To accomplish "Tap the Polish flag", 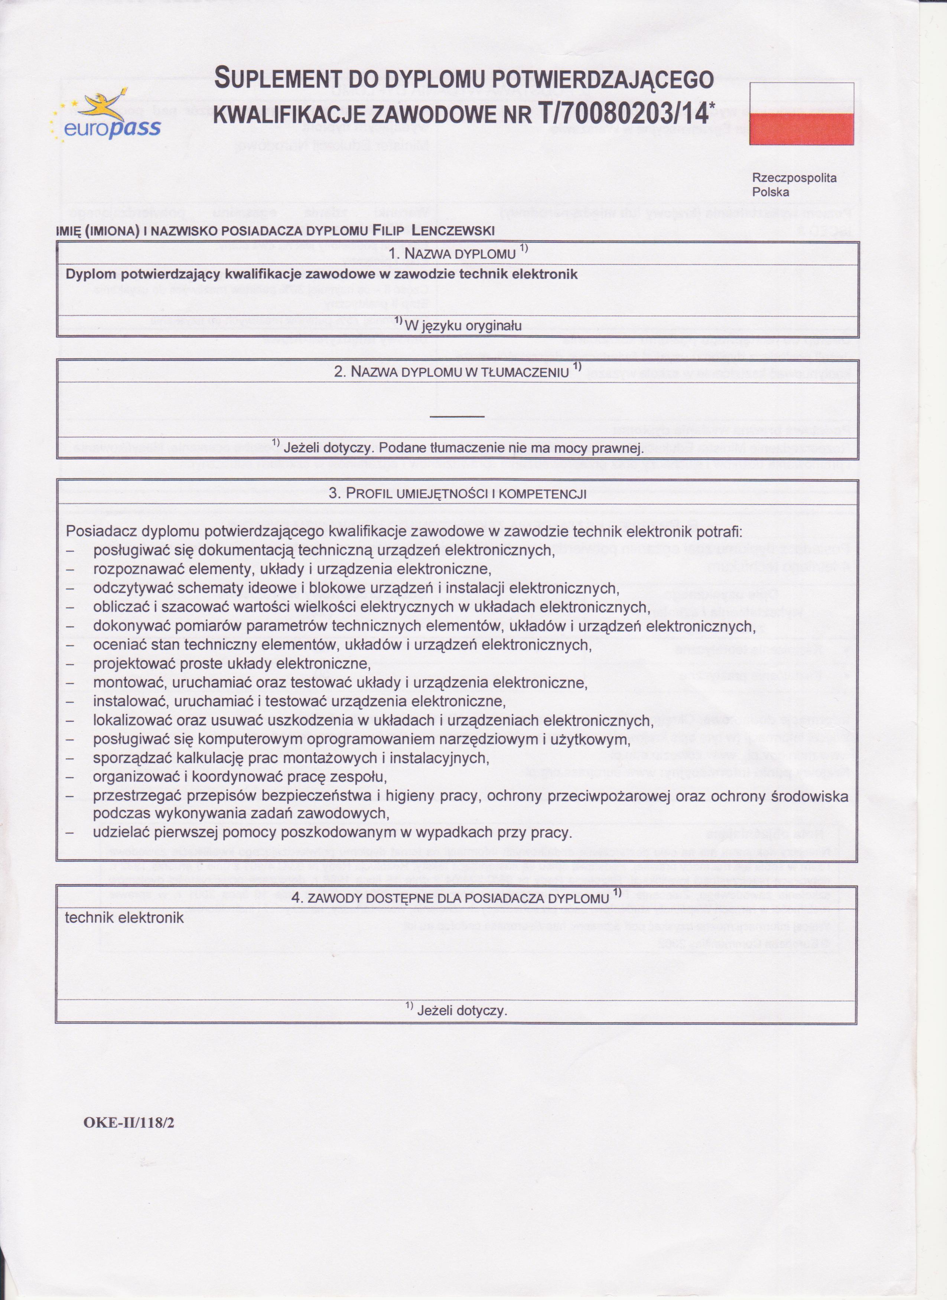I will (x=802, y=114).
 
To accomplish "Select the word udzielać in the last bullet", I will (x=120, y=833).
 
